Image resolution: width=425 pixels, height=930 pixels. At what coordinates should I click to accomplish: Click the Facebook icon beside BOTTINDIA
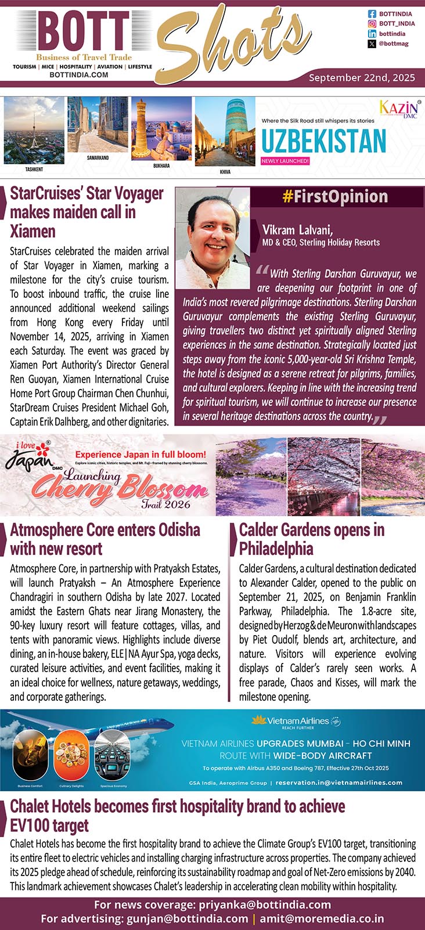tap(372, 13)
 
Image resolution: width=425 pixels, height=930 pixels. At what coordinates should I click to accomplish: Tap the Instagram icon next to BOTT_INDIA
tap(372, 24)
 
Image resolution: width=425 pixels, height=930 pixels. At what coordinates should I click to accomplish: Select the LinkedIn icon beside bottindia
tap(372, 34)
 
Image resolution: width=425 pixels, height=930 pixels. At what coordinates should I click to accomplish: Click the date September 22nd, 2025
tap(361, 77)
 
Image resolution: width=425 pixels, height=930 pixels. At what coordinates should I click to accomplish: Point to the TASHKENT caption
tap(34, 170)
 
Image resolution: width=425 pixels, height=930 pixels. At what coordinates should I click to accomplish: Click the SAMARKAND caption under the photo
tap(98, 158)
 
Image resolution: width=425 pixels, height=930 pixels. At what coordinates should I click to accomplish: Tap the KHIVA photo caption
tap(225, 172)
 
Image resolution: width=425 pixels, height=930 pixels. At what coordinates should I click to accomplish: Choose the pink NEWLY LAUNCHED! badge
tap(285, 161)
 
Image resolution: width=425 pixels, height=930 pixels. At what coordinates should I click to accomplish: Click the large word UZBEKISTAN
tap(323, 140)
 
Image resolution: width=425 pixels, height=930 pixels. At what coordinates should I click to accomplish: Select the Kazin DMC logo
tap(399, 109)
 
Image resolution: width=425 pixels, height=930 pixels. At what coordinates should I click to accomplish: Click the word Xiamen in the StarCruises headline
tap(33, 231)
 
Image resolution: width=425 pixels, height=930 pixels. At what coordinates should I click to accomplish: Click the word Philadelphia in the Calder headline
tap(276, 549)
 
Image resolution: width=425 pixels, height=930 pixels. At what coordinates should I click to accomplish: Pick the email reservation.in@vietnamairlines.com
tap(339, 782)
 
